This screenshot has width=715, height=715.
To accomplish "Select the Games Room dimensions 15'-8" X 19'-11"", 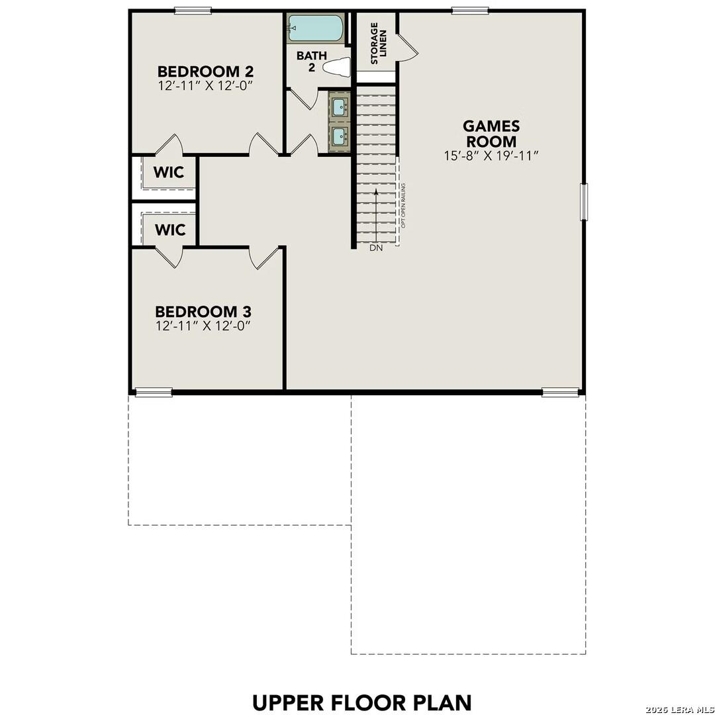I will coord(491,156).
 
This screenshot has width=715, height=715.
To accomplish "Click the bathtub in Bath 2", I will coord(316,28).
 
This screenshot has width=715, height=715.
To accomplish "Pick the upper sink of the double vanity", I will coord(340,105).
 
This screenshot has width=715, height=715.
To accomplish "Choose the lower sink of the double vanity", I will coord(340,136).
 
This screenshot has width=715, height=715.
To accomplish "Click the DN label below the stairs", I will coord(376,248).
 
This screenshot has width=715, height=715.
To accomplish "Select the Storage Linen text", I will coord(378,43).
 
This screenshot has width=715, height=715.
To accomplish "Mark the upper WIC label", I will coord(170,173).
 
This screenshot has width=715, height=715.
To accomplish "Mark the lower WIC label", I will coord(170,230).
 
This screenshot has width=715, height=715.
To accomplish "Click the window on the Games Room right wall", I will coord(584,202).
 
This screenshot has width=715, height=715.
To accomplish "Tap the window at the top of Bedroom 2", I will coord(193,11).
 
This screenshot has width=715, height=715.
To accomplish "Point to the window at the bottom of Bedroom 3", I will coord(154,392).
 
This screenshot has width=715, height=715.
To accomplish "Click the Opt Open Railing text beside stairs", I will coord(403,206).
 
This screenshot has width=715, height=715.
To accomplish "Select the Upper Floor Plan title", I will coord(361,702).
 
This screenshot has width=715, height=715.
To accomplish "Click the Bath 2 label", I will coord(310,61).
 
